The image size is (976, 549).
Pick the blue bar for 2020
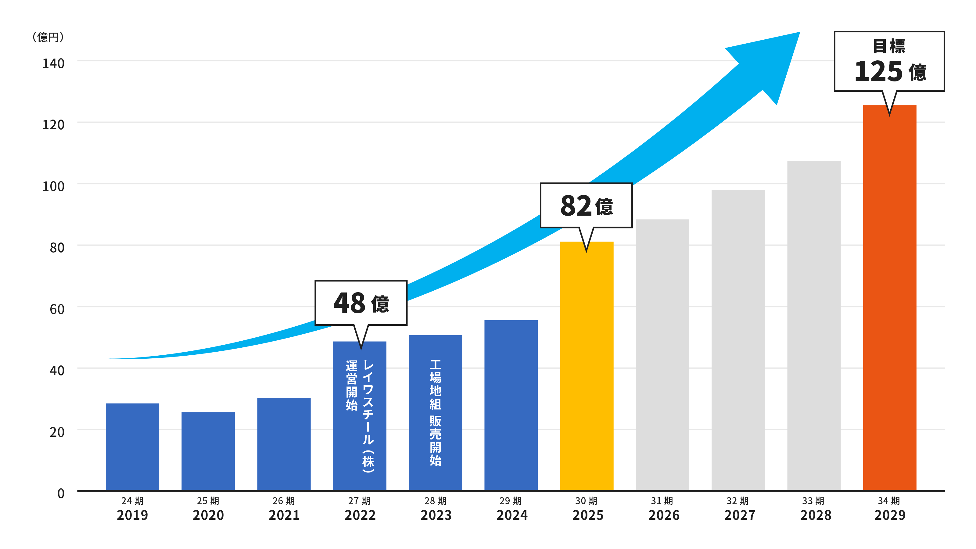click(x=208, y=451)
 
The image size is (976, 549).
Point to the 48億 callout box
click(x=361, y=303)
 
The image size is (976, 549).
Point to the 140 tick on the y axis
click(x=53, y=63)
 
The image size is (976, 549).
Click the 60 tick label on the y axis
click(x=57, y=309)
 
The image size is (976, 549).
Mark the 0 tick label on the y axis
click(x=61, y=493)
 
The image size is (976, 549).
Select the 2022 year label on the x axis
click(x=360, y=515)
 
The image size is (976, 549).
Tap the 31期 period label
click(x=662, y=501)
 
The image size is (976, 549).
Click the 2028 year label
click(x=815, y=515)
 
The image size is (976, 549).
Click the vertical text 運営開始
click(x=352, y=385)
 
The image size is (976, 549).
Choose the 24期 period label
click(x=132, y=501)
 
